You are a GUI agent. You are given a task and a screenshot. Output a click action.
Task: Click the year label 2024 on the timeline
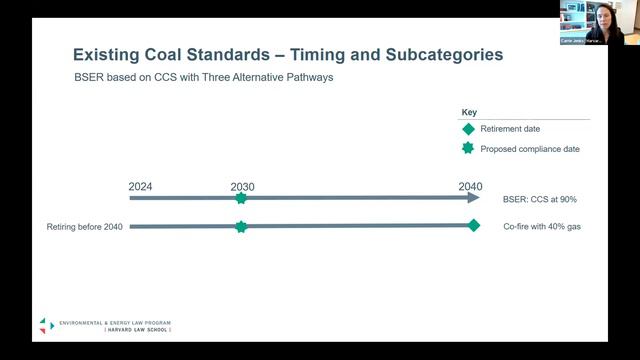[141, 186]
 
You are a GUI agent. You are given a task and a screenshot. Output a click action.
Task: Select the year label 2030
[242, 186]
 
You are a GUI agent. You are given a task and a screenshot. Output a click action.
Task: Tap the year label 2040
[470, 186]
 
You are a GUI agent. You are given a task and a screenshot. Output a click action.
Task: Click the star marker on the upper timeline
[241, 198]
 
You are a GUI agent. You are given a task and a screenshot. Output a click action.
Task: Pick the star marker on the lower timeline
[241, 226]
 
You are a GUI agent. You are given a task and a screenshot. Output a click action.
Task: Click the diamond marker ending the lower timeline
[474, 225]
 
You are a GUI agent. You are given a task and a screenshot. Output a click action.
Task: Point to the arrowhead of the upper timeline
[474, 198]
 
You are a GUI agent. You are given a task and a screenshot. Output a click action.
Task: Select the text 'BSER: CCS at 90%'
[540, 199]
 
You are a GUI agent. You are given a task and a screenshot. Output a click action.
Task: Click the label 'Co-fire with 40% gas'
[542, 227]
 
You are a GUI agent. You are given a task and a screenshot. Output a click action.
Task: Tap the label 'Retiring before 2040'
[84, 227]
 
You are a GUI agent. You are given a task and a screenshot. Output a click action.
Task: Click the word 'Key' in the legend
[469, 112]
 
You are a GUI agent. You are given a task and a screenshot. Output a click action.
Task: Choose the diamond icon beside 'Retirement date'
[468, 129]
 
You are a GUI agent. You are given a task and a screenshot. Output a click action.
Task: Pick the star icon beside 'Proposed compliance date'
[468, 148]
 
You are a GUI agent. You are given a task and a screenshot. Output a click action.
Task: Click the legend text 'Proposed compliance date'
[530, 149]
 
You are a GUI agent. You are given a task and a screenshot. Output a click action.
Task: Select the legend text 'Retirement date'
[511, 129]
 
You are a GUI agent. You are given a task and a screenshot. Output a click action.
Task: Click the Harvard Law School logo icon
[47, 325]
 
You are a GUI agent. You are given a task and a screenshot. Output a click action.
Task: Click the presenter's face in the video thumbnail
[605, 17]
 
